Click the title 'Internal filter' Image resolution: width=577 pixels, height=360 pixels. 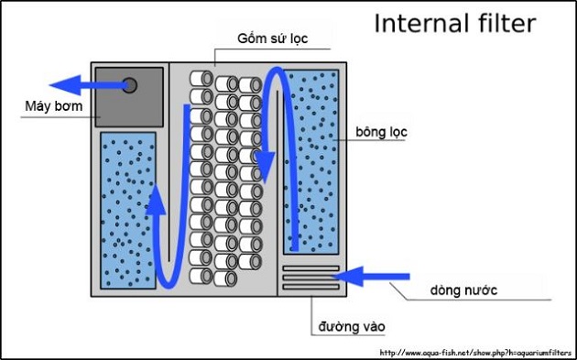tap(455, 23)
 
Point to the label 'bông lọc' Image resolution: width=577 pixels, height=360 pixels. tap(381, 132)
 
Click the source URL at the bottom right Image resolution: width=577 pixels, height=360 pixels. tap(474, 352)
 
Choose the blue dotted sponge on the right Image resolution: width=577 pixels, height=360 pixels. tap(311, 160)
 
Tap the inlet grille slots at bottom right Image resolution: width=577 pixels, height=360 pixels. tap(310, 278)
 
